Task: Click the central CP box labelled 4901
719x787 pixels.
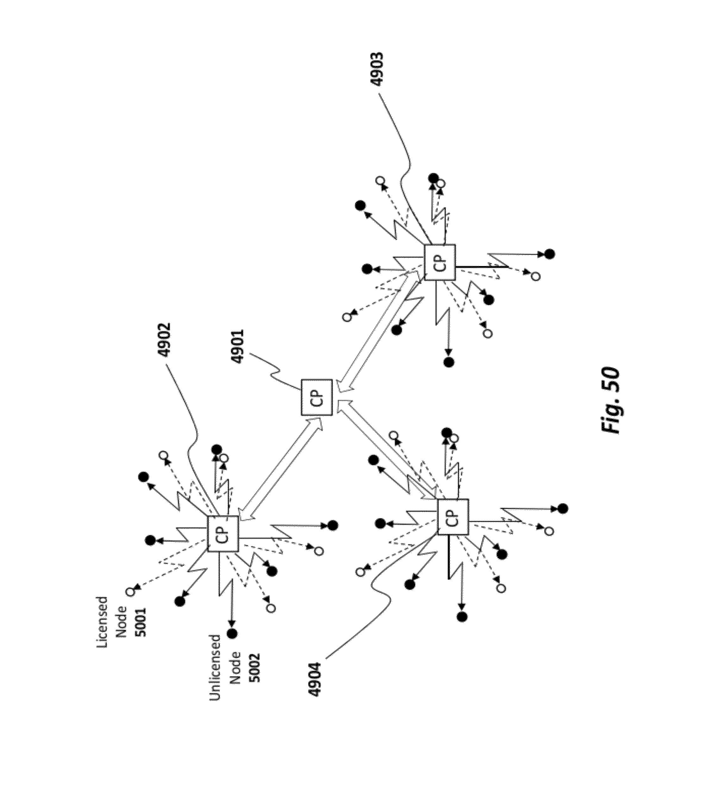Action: tap(316, 397)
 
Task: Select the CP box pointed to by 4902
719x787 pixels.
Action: tap(222, 534)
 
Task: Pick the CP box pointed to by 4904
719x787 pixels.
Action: tap(453, 517)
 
